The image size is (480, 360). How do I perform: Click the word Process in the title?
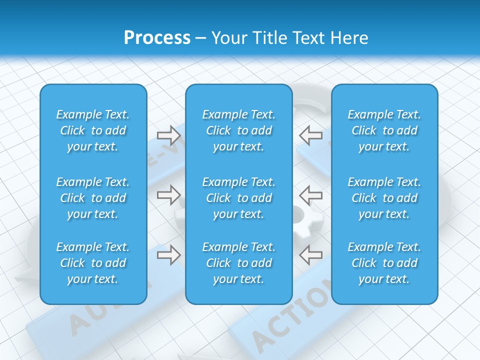tap(157, 38)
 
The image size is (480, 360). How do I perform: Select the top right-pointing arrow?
tap(168, 135)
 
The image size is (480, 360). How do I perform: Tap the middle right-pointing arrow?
tap(168, 195)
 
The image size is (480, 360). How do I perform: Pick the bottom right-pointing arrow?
tap(168, 255)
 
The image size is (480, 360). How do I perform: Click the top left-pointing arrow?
tap(310, 135)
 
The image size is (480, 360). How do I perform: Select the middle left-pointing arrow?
tap(310, 195)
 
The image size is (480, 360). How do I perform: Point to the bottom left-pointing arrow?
tap(310, 255)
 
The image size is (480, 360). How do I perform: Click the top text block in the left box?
tap(93, 130)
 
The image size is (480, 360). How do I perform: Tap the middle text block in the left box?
tap(93, 198)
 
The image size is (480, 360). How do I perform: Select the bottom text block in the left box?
tap(93, 263)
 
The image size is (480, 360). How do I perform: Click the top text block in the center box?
tap(238, 130)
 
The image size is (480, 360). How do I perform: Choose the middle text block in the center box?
tap(238, 198)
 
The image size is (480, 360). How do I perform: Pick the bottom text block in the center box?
tap(238, 263)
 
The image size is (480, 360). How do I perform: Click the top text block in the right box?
tap(384, 130)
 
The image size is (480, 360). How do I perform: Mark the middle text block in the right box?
tap(384, 198)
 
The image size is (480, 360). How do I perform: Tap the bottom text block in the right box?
tap(384, 263)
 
